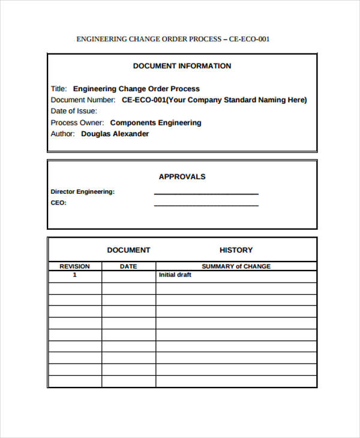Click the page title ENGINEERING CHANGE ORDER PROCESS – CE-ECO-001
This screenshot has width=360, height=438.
(173, 39)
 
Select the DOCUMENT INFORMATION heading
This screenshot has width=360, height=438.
(182, 66)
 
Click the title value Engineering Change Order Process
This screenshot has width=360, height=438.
(136, 89)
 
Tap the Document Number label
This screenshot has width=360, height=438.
(83, 100)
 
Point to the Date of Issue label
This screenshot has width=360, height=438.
(74, 111)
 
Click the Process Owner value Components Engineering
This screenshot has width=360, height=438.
(156, 122)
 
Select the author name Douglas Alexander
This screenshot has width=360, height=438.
(115, 134)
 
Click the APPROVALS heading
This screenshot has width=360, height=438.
(182, 176)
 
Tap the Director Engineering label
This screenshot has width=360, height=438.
(82, 192)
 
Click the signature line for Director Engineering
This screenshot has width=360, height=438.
(206, 193)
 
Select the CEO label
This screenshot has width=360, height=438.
(58, 203)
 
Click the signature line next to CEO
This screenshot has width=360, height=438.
(206, 205)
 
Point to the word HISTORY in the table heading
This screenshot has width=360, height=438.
(236, 250)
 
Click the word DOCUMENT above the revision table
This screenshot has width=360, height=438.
(128, 250)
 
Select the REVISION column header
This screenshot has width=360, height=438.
(74, 266)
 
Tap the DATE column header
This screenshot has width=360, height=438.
(128, 266)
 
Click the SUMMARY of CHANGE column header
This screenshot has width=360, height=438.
(236, 266)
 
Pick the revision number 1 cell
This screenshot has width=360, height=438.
(74, 275)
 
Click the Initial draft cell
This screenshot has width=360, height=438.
(175, 275)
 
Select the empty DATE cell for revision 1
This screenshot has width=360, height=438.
(128, 276)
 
